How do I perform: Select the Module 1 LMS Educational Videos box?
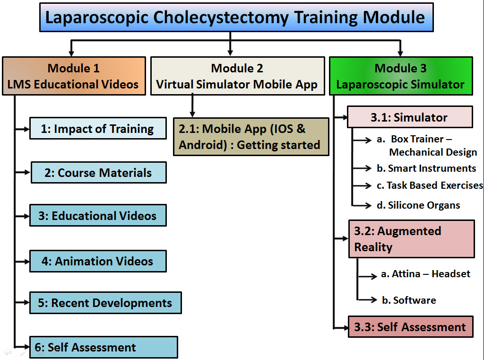(74, 76)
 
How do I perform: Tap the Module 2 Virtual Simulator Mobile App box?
(237, 76)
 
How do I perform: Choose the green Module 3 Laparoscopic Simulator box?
(401, 76)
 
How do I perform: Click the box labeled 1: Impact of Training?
(98, 129)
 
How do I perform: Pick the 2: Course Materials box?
(98, 173)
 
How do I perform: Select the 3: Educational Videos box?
(98, 216)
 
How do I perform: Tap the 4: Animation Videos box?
(98, 261)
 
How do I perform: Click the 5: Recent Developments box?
(105, 303)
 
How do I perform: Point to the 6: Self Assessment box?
(104, 347)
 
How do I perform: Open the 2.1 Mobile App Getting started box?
(251, 137)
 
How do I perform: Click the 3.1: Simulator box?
(409, 117)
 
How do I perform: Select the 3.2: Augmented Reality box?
(411, 239)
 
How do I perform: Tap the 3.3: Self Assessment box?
(410, 327)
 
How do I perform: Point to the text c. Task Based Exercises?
(430, 185)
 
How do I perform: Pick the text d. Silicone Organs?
(418, 205)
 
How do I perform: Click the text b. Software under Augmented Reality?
(409, 300)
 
